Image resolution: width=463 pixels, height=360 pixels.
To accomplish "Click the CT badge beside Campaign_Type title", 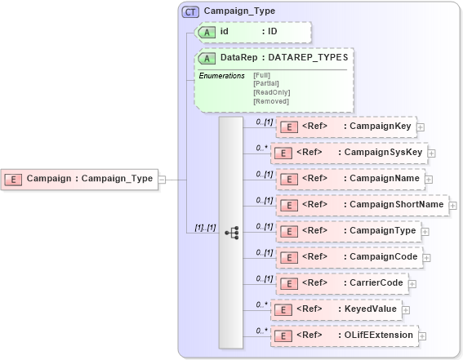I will tap(190, 11).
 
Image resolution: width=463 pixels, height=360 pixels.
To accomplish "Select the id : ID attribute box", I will tap(252, 31).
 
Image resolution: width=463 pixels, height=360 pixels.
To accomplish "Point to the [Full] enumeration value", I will tap(261, 75).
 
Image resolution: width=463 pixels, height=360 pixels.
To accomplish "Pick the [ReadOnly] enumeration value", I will tap(271, 92).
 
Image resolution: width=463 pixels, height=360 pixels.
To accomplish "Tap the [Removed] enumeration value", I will tap(270, 101).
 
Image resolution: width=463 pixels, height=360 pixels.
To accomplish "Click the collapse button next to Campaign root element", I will tap(162, 179).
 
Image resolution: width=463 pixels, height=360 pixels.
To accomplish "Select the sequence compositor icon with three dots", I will tap(231, 233).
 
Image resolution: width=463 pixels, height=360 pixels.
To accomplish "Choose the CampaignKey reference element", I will tap(346, 127).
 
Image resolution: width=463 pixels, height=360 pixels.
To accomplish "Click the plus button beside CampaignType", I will tap(425, 231).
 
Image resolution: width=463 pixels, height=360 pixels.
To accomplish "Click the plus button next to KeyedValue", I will tap(406, 309).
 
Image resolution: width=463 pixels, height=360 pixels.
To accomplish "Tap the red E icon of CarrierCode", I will tap(287, 283).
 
